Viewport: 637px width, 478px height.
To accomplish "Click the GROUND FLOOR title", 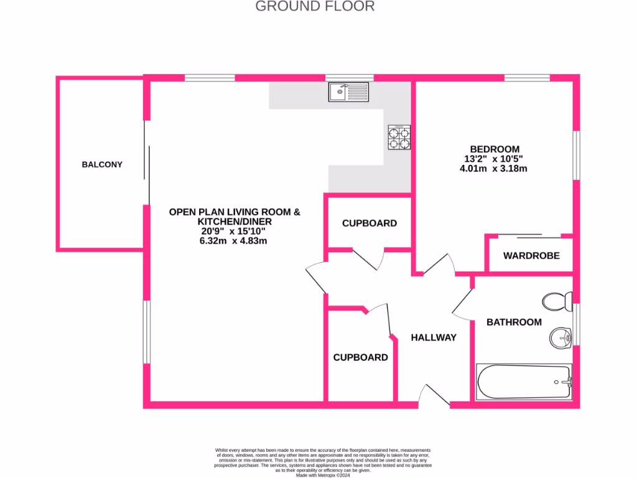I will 315,7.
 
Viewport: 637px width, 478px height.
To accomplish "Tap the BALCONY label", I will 102,165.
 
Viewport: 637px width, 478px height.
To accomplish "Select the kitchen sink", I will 348,92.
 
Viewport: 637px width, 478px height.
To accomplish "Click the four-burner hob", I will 399,138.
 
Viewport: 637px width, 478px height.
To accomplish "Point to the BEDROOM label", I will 495,149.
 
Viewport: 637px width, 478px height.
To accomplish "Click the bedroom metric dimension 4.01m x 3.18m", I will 495,168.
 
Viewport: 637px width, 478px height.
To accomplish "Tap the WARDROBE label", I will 531,256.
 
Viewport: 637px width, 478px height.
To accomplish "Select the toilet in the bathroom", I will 557,302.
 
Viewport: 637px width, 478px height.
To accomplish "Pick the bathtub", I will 524,381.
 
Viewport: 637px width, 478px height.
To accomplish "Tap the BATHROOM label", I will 514,322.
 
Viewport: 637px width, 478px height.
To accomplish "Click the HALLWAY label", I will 434,337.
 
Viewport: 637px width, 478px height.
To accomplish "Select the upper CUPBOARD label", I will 370,223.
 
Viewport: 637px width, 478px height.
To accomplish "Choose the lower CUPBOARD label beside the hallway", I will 360,357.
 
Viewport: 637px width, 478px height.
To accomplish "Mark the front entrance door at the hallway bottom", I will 434,396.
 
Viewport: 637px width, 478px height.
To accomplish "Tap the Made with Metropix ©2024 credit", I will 323,475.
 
